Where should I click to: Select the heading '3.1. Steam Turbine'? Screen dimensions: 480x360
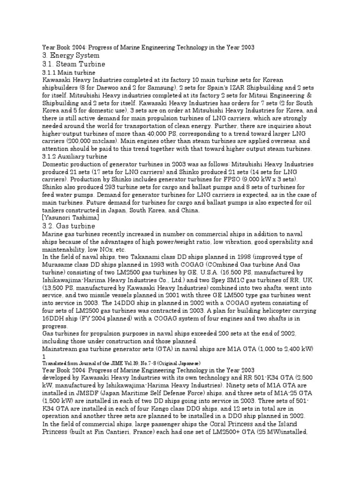[x=74, y=64]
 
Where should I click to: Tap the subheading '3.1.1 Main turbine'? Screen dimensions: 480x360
[x=69, y=73]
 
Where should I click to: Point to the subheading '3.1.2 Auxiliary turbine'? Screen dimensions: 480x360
[x=75, y=156]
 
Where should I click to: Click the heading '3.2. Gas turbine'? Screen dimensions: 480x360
[x=68, y=225]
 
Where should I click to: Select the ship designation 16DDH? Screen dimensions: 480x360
[x=55, y=318]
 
